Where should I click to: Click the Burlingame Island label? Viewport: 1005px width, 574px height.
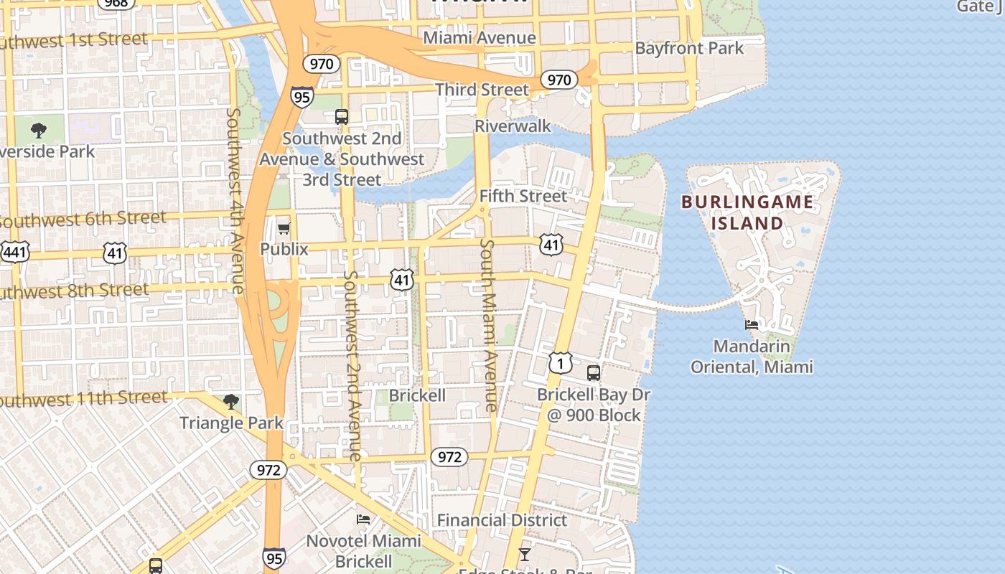pos(747,212)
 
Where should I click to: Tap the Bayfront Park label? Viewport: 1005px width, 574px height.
pos(689,48)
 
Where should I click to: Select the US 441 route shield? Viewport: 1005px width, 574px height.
pos(14,252)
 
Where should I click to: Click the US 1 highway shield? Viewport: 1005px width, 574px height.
pos(561,362)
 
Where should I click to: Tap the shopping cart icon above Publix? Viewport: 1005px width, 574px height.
pos(284,229)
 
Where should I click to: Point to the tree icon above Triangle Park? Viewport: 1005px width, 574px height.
pos(230,401)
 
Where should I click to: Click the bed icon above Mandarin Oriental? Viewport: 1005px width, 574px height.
pos(752,324)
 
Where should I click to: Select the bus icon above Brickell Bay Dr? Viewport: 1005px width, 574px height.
pos(593,373)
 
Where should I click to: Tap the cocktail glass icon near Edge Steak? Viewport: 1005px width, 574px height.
pos(525,554)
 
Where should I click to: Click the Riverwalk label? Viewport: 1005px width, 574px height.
pos(513,126)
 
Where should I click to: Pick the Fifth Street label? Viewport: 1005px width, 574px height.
pos(523,196)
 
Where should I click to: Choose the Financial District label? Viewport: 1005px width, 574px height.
pos(502,520)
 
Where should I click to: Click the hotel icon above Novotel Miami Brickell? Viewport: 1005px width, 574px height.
pos(363,519)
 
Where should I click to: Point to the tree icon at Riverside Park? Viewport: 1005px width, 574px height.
pos(39,131)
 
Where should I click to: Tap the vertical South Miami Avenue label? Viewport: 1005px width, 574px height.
pos(488,325)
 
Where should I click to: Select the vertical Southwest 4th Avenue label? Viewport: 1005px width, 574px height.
pos(236,201)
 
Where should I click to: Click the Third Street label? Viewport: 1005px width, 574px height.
pos(482,90)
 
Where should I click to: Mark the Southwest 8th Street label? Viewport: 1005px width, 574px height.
pos(72,291)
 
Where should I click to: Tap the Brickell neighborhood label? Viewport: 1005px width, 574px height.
pos(417,395)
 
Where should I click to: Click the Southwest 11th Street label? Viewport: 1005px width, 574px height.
pos(83,398)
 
